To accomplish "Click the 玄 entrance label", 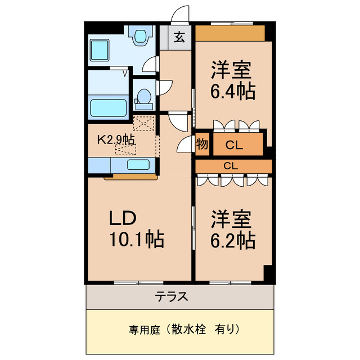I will tap(179, 38).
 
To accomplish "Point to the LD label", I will tap(123, 218).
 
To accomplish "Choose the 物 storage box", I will tap(202, 145).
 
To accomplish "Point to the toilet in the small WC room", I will tap(144, 98).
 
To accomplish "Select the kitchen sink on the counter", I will tap(138, 165).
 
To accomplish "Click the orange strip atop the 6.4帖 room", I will tap(230, 33).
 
